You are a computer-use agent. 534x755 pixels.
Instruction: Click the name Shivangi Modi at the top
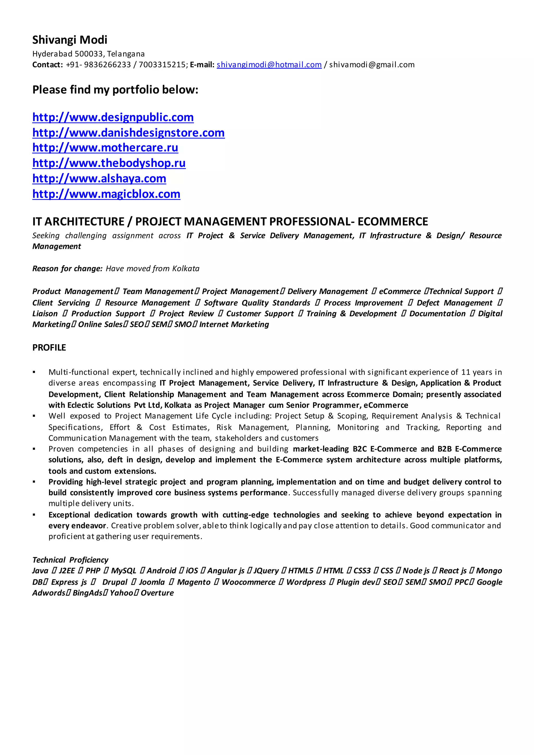pyautogui.click(x=70, y=40)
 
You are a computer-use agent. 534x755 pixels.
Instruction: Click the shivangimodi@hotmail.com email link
pyautogui.click(x=269, y=65)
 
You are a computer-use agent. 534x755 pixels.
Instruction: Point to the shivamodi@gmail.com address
pyautogui.click(x=372, y=65)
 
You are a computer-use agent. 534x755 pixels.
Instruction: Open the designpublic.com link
pyautogui.click(x=113, y=117)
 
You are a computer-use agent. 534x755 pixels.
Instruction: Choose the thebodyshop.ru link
pyautogui.click(x=109, y=163)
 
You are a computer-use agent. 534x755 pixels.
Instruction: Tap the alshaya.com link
pyautogui.click(x=99, y=179)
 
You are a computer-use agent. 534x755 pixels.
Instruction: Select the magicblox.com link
pyautogui.click(x=106, y=194)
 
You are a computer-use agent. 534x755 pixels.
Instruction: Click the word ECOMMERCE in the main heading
pyautogui.click(x=393, y=222)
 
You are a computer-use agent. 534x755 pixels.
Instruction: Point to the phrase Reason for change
pyautogui.click(x=67, y=269)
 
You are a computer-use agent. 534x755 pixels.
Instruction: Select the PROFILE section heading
pyautogui.click(x=49, y=348)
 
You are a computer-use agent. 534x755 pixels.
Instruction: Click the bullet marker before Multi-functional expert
pyautogui.click(x=34, y=372)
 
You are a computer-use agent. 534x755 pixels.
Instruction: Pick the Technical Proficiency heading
pyautogui.click(x=70, y=560)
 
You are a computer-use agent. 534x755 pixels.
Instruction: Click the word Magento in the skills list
pyautogui.click(x=194, y=582)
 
